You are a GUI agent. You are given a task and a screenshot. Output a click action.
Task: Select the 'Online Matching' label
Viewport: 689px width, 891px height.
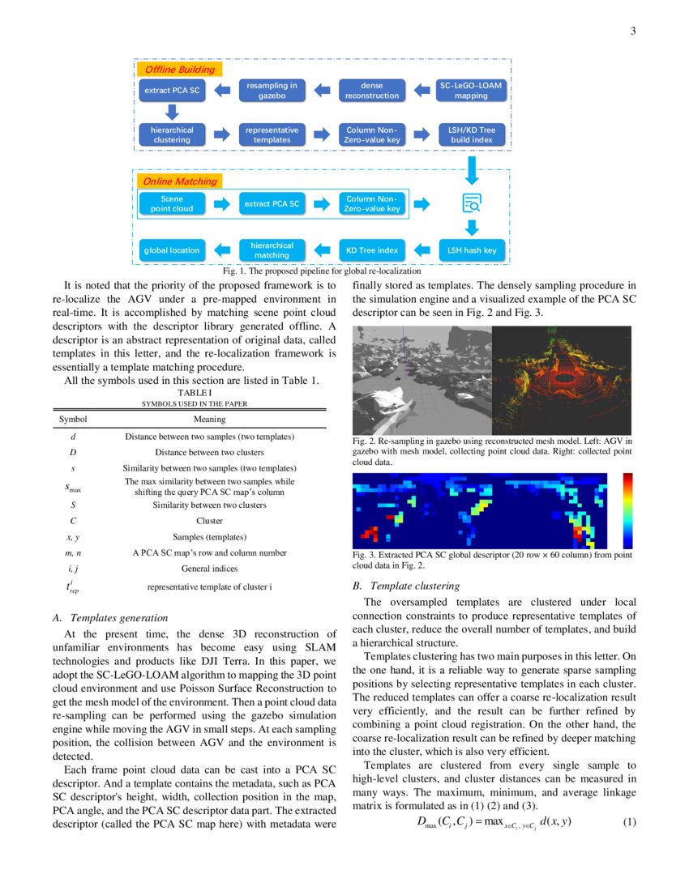pyautogui.click(x=174, y=181)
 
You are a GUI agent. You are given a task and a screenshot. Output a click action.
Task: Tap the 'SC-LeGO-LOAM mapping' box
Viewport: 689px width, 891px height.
pyautogui.click(x=471, y=90)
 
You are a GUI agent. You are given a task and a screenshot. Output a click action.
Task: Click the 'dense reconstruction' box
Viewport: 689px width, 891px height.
pyautogui.click(x=372, y=90)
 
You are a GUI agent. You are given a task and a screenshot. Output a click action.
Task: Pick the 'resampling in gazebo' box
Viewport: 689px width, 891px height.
pyautogui.click(x=272, y=90)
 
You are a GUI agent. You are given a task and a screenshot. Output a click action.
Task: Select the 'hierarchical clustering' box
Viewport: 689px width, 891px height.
pyautogui.click(x=172, y=134)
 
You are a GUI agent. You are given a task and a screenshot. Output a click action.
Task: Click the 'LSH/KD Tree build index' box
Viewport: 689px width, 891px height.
pyautogui.click(x=471, y=134)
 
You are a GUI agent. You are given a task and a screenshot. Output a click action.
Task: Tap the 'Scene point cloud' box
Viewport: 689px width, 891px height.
pyautogui.click(x=172, y=204)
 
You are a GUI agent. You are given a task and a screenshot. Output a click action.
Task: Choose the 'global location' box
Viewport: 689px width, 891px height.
pyautogui.click(x=172, y=250)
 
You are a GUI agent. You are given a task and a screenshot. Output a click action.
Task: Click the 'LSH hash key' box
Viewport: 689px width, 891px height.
pyautogui.click(x=471, y=250)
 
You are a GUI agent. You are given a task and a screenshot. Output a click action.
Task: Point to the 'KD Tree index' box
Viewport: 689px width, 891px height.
pyautogui.click(x=372, y=250)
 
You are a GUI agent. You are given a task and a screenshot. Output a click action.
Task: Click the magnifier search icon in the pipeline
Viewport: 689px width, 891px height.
pyautogui.click(x=471, y=204)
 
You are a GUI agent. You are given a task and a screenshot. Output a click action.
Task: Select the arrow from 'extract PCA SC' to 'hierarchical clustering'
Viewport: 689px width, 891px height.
pyautogui.click(x=172, y=112)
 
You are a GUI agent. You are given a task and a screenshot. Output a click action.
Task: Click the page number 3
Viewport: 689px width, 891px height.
pyautogui.click(x=632, y=32)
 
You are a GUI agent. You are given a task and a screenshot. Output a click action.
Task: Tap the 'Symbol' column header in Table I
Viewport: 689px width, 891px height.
pyautogui.click(x=73, y=420)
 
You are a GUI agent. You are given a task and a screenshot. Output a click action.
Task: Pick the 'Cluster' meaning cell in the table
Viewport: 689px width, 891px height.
pyautogui.click(x=209, y=521)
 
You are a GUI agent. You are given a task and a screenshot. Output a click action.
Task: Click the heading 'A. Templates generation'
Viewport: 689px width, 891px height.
pyautogui.click(x=109, y=618)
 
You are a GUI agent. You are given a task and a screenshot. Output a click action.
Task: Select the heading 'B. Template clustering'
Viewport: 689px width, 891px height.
pyautogui.click(x=406, y=586)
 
